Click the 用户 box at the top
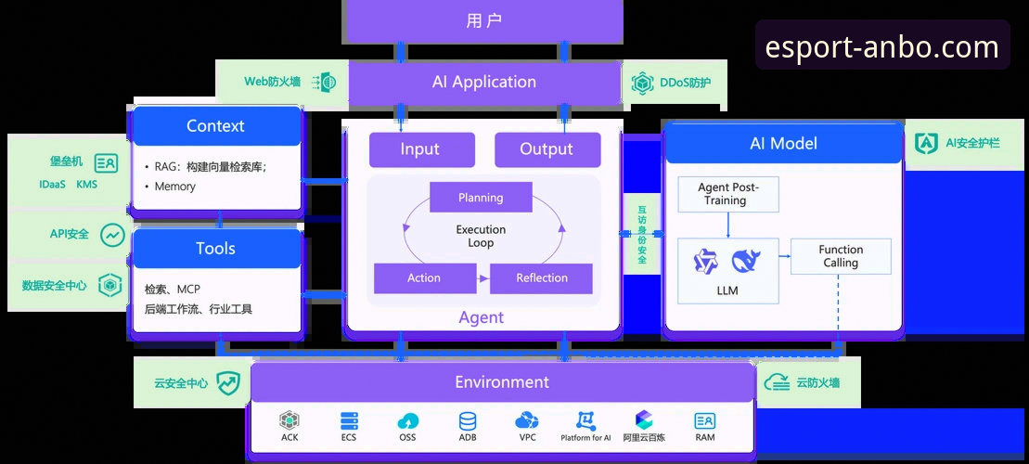(x=482, y=21)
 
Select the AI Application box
(x=484, y=82)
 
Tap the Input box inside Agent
(x=421, y=149)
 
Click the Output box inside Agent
(x=547, y=149)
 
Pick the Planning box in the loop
(x=481, y=198)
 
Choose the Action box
(x=424, y=278)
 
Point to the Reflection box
(x=541, y=278)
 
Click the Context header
(x=216, y=126)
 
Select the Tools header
(x=216, y=249)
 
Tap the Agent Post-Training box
(x=727, y=194)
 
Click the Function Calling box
(x=841, y=256)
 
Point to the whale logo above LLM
(x=746, y=261)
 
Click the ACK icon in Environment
(x=289, y=420)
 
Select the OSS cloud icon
(x=408, y=420)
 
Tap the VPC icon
(x=527, y=420)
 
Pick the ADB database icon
(x=468, y=420)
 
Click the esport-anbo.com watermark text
(x=882, y=46)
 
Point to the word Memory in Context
(x=175, y=187)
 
